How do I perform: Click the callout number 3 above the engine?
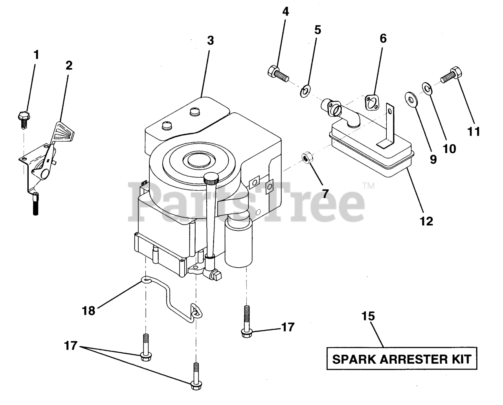pos(211,40)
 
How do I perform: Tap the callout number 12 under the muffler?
pos(426,221)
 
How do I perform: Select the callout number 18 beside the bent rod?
pos(89,311)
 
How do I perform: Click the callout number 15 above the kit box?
pos(369,316)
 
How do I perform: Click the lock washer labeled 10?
pos(427,88)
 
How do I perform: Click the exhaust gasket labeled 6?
pos(371,101)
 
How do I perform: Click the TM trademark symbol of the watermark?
pos(369,186)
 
